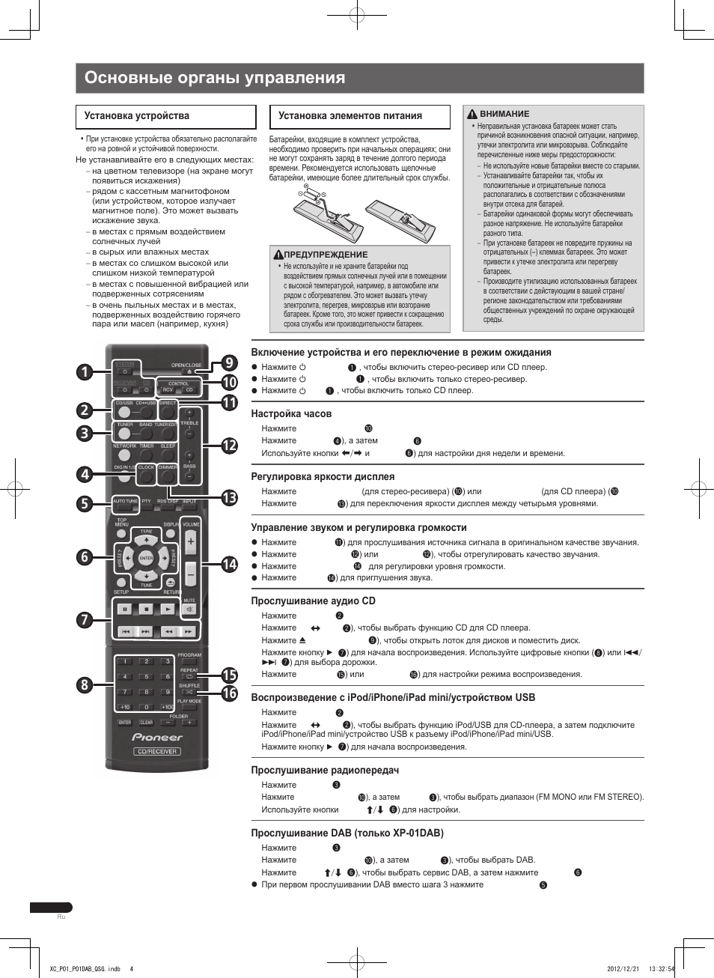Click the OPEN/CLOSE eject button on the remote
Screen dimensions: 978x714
[x=189, y=371]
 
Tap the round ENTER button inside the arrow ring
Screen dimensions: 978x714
[x=146, y=558]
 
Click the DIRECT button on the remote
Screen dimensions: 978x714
[x=168, y=410]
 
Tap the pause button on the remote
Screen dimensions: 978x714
[x=124, y=609]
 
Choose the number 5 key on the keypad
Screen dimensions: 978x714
[x=146, y=676]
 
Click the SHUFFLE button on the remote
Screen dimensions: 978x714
[x=189, y=692]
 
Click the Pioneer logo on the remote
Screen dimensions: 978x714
[x=157, y=737]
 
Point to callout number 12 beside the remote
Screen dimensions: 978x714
[x=229, y=445]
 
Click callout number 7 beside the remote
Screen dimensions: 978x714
[x=84, y=619]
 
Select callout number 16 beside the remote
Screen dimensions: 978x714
[x=229, y=693]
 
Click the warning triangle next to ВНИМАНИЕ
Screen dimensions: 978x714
[x=472, y=115]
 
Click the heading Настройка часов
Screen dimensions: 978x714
[x=291, y=413]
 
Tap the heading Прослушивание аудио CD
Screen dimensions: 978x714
[x=313, y=601]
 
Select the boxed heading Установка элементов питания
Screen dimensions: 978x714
[x=350, y=116]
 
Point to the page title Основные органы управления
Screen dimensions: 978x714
[x=215, y=78]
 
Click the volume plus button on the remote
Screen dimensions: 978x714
[x=190, y=542]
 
